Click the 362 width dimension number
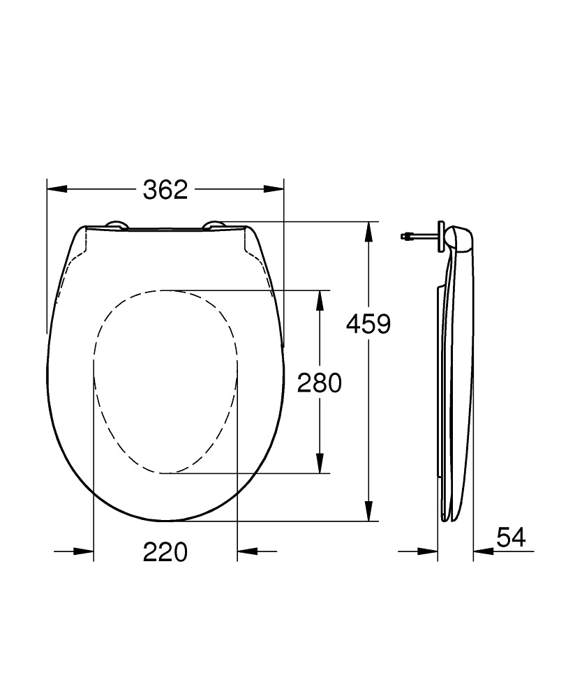[x=165, y=189]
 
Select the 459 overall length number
[x=368, y=324]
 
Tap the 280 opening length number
[x=320, y=383]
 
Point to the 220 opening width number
[x=165, y=552]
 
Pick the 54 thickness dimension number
[x=511, y=537]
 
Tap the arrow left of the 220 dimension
[x=84, y=551]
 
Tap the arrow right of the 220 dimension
[x=246, y=551]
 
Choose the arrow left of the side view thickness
[x=428, y=551]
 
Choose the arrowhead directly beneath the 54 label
[x=482, y=551]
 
